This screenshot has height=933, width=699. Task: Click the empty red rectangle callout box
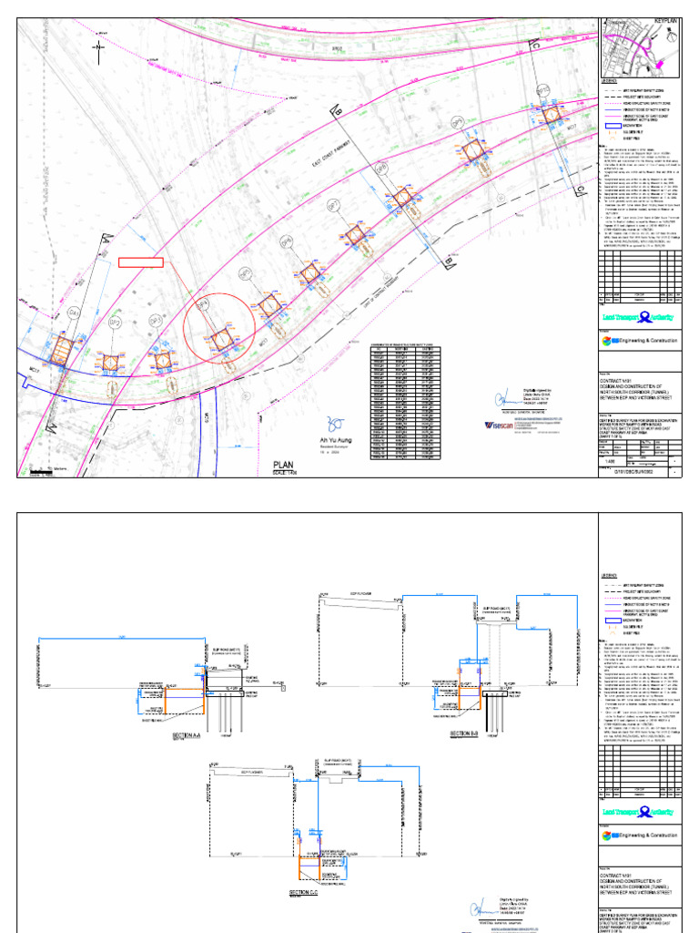[x=141, y=262]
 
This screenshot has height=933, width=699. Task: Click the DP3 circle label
[x=156, y=322]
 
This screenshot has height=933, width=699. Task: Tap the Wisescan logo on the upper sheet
[x=502, y=425]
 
